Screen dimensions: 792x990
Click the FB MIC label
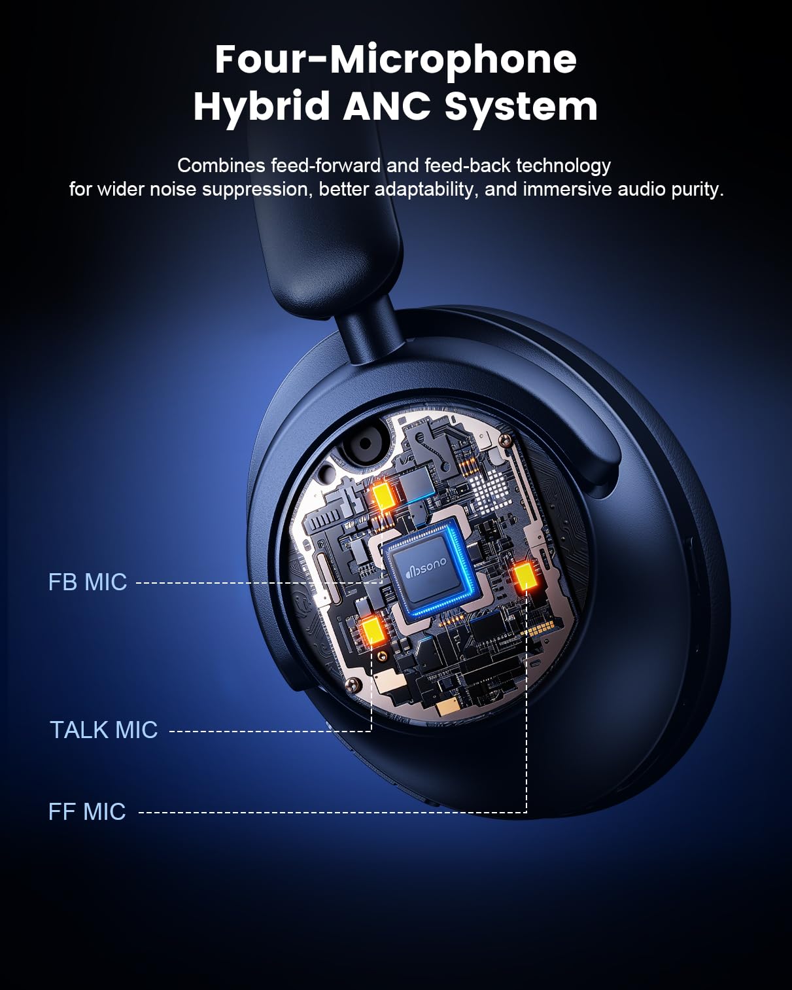(88, 582)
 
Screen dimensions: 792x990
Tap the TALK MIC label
(103, 730)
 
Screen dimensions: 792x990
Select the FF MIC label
(87, 812)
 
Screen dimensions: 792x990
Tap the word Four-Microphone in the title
(396, 60)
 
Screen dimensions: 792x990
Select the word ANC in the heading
(387, 105)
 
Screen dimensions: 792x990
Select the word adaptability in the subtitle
(426, 190)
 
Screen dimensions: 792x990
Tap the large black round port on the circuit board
(365, 444)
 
